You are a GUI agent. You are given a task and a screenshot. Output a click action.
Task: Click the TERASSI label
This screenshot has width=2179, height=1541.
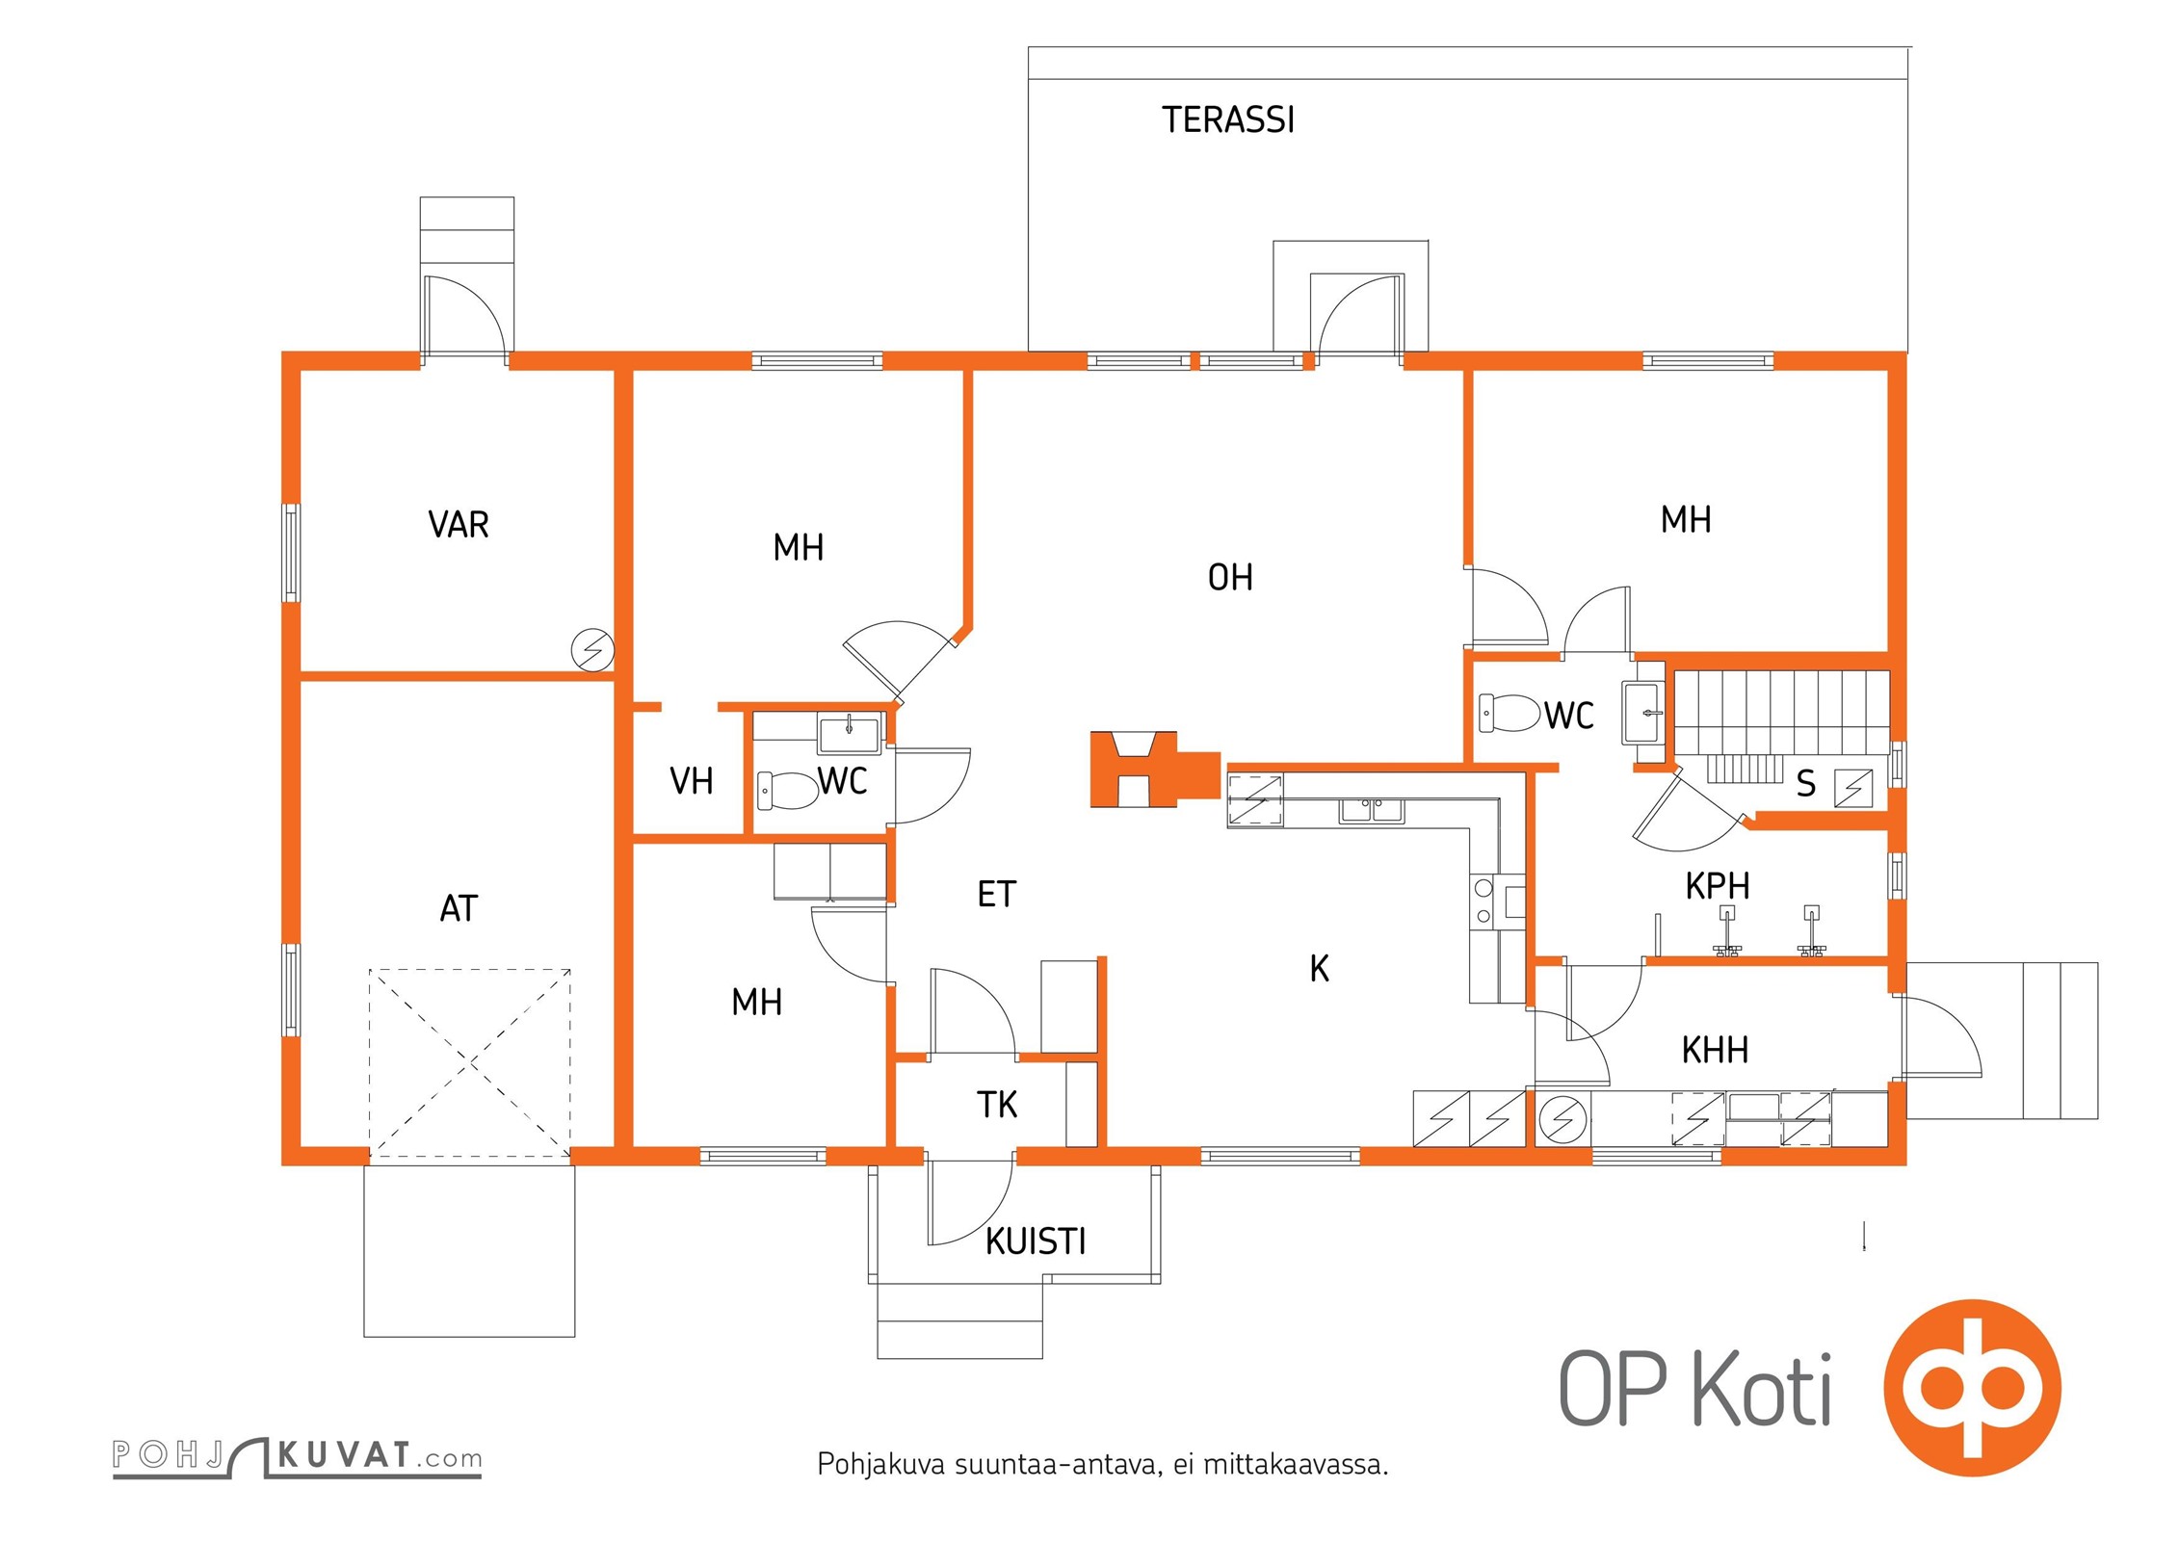(1228, 119)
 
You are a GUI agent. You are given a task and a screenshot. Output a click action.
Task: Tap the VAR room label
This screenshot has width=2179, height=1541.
(459, 525)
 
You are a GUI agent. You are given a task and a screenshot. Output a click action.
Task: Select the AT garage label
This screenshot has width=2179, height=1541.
(459, 908)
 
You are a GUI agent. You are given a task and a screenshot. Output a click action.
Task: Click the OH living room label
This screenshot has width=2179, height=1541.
(1230, 578)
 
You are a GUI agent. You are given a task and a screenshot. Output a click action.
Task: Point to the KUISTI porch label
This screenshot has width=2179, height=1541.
(1036, 1241)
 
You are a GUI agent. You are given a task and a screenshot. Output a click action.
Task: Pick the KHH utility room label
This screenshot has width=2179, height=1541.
(1715, 1050)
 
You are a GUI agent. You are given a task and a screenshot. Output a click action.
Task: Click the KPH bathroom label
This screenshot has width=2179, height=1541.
(1717, 886)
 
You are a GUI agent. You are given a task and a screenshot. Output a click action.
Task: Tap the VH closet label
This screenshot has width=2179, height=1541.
(692, 781)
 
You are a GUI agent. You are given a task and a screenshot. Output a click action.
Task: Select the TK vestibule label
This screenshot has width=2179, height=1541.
(997, 1105)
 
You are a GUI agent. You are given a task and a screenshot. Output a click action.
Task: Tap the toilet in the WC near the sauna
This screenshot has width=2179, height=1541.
(1509, 713)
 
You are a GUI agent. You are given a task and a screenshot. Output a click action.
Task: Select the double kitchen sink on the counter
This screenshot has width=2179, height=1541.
(1372, 810)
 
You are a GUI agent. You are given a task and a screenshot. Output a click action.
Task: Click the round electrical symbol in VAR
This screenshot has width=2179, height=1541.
(592, 650)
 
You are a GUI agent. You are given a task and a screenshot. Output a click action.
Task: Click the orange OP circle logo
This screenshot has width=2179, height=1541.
(1972, 1387)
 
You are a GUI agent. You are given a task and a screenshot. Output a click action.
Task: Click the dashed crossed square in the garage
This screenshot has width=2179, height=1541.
(470, 1063)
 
